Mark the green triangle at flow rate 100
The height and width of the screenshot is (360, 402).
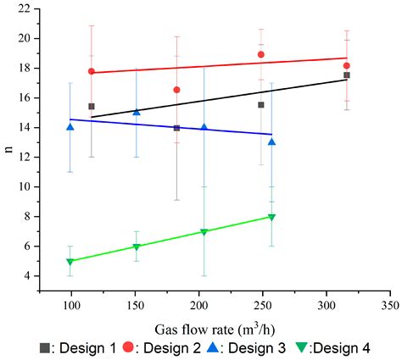point(70,262)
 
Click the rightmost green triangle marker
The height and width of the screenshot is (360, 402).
point(271,217)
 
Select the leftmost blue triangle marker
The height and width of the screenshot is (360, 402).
point(70,127)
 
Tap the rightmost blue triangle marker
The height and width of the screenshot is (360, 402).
point(271,141)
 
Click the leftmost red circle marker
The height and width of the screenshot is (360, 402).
point(92,71)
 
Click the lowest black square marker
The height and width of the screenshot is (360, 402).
point(176,128)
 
